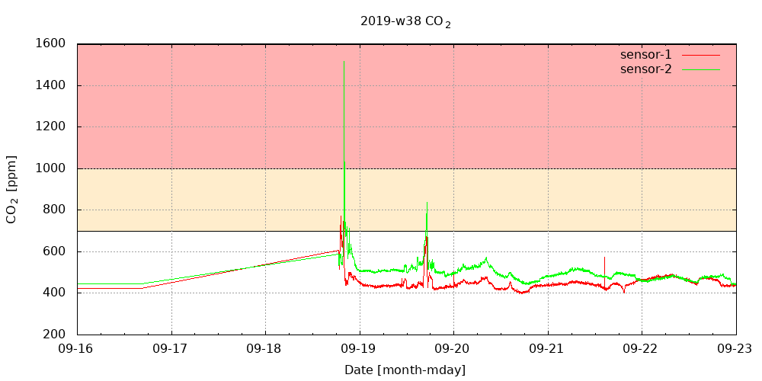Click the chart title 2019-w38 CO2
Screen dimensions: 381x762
pos(405,22)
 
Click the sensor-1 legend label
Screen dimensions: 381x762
pos(646,55)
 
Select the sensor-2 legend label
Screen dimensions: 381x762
pos(646,69)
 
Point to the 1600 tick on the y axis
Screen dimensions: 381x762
pos(50,44)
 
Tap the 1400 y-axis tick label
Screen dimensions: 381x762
pos(50,85)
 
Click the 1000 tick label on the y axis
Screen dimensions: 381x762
pos(50,168)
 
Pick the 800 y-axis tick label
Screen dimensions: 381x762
pos(54,210)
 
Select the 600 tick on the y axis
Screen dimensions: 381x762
pos(54,251)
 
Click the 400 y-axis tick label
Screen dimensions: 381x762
pos(54,293)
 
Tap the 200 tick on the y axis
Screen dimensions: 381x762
pos(54,335)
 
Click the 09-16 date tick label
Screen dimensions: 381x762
pos(78,348)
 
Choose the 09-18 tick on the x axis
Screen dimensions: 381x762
pos(266,348)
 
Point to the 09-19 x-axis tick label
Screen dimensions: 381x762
pos(360,348)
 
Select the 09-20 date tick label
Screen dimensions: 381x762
pos(454,348)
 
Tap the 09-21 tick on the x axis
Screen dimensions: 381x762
pos(548,348)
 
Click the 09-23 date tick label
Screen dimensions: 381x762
pos(736,348)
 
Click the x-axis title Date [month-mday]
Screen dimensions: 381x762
pos(405,370)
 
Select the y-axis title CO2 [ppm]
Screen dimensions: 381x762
pos(12,189)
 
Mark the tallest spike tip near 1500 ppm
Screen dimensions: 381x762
pos(344,62)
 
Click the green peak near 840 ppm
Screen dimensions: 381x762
pos(427,203)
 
